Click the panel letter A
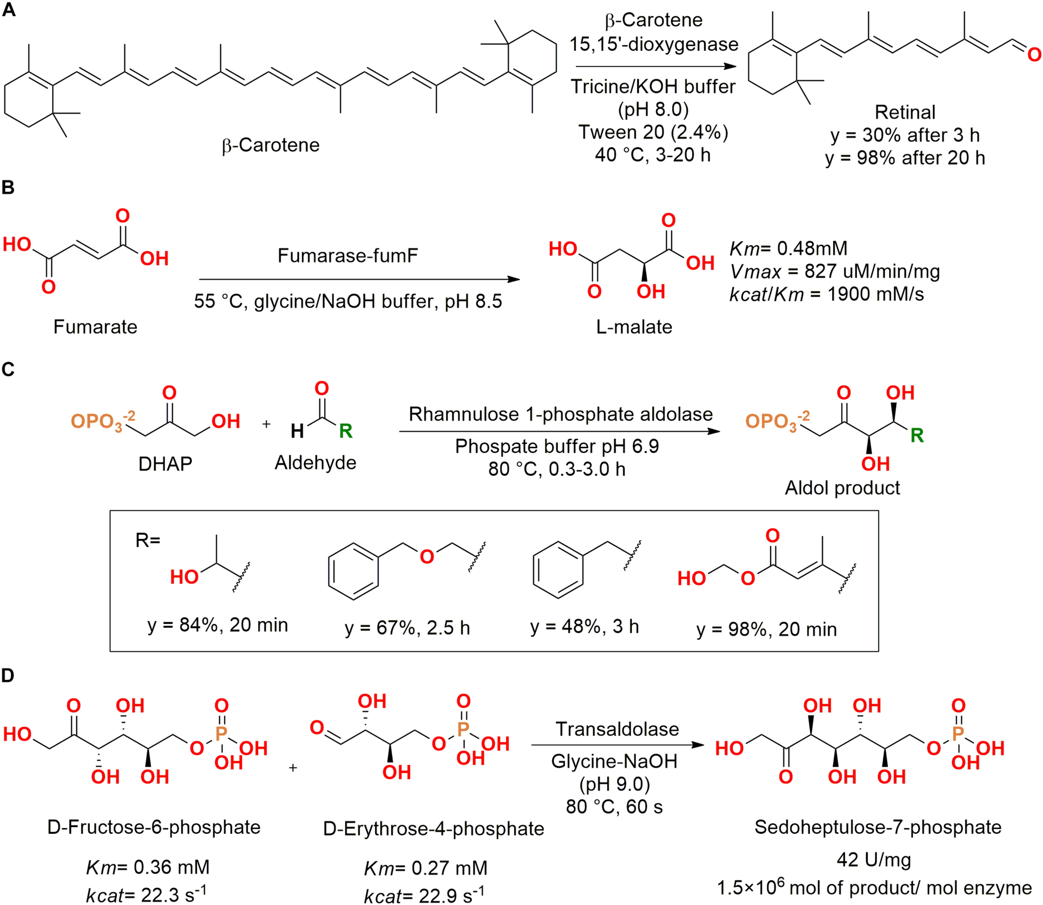9,10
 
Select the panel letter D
8,676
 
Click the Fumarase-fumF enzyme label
348,255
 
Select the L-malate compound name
634,327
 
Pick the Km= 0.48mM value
788,249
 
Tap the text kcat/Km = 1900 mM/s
826,294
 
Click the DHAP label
165,464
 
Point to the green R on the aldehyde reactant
345,431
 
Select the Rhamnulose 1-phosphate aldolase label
560,414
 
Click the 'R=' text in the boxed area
147,541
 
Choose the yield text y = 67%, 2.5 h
407,628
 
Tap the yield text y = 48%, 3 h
584,627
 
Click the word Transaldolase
617,729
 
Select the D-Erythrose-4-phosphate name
433,829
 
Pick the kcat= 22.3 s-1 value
146,895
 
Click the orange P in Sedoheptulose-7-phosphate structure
957,734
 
